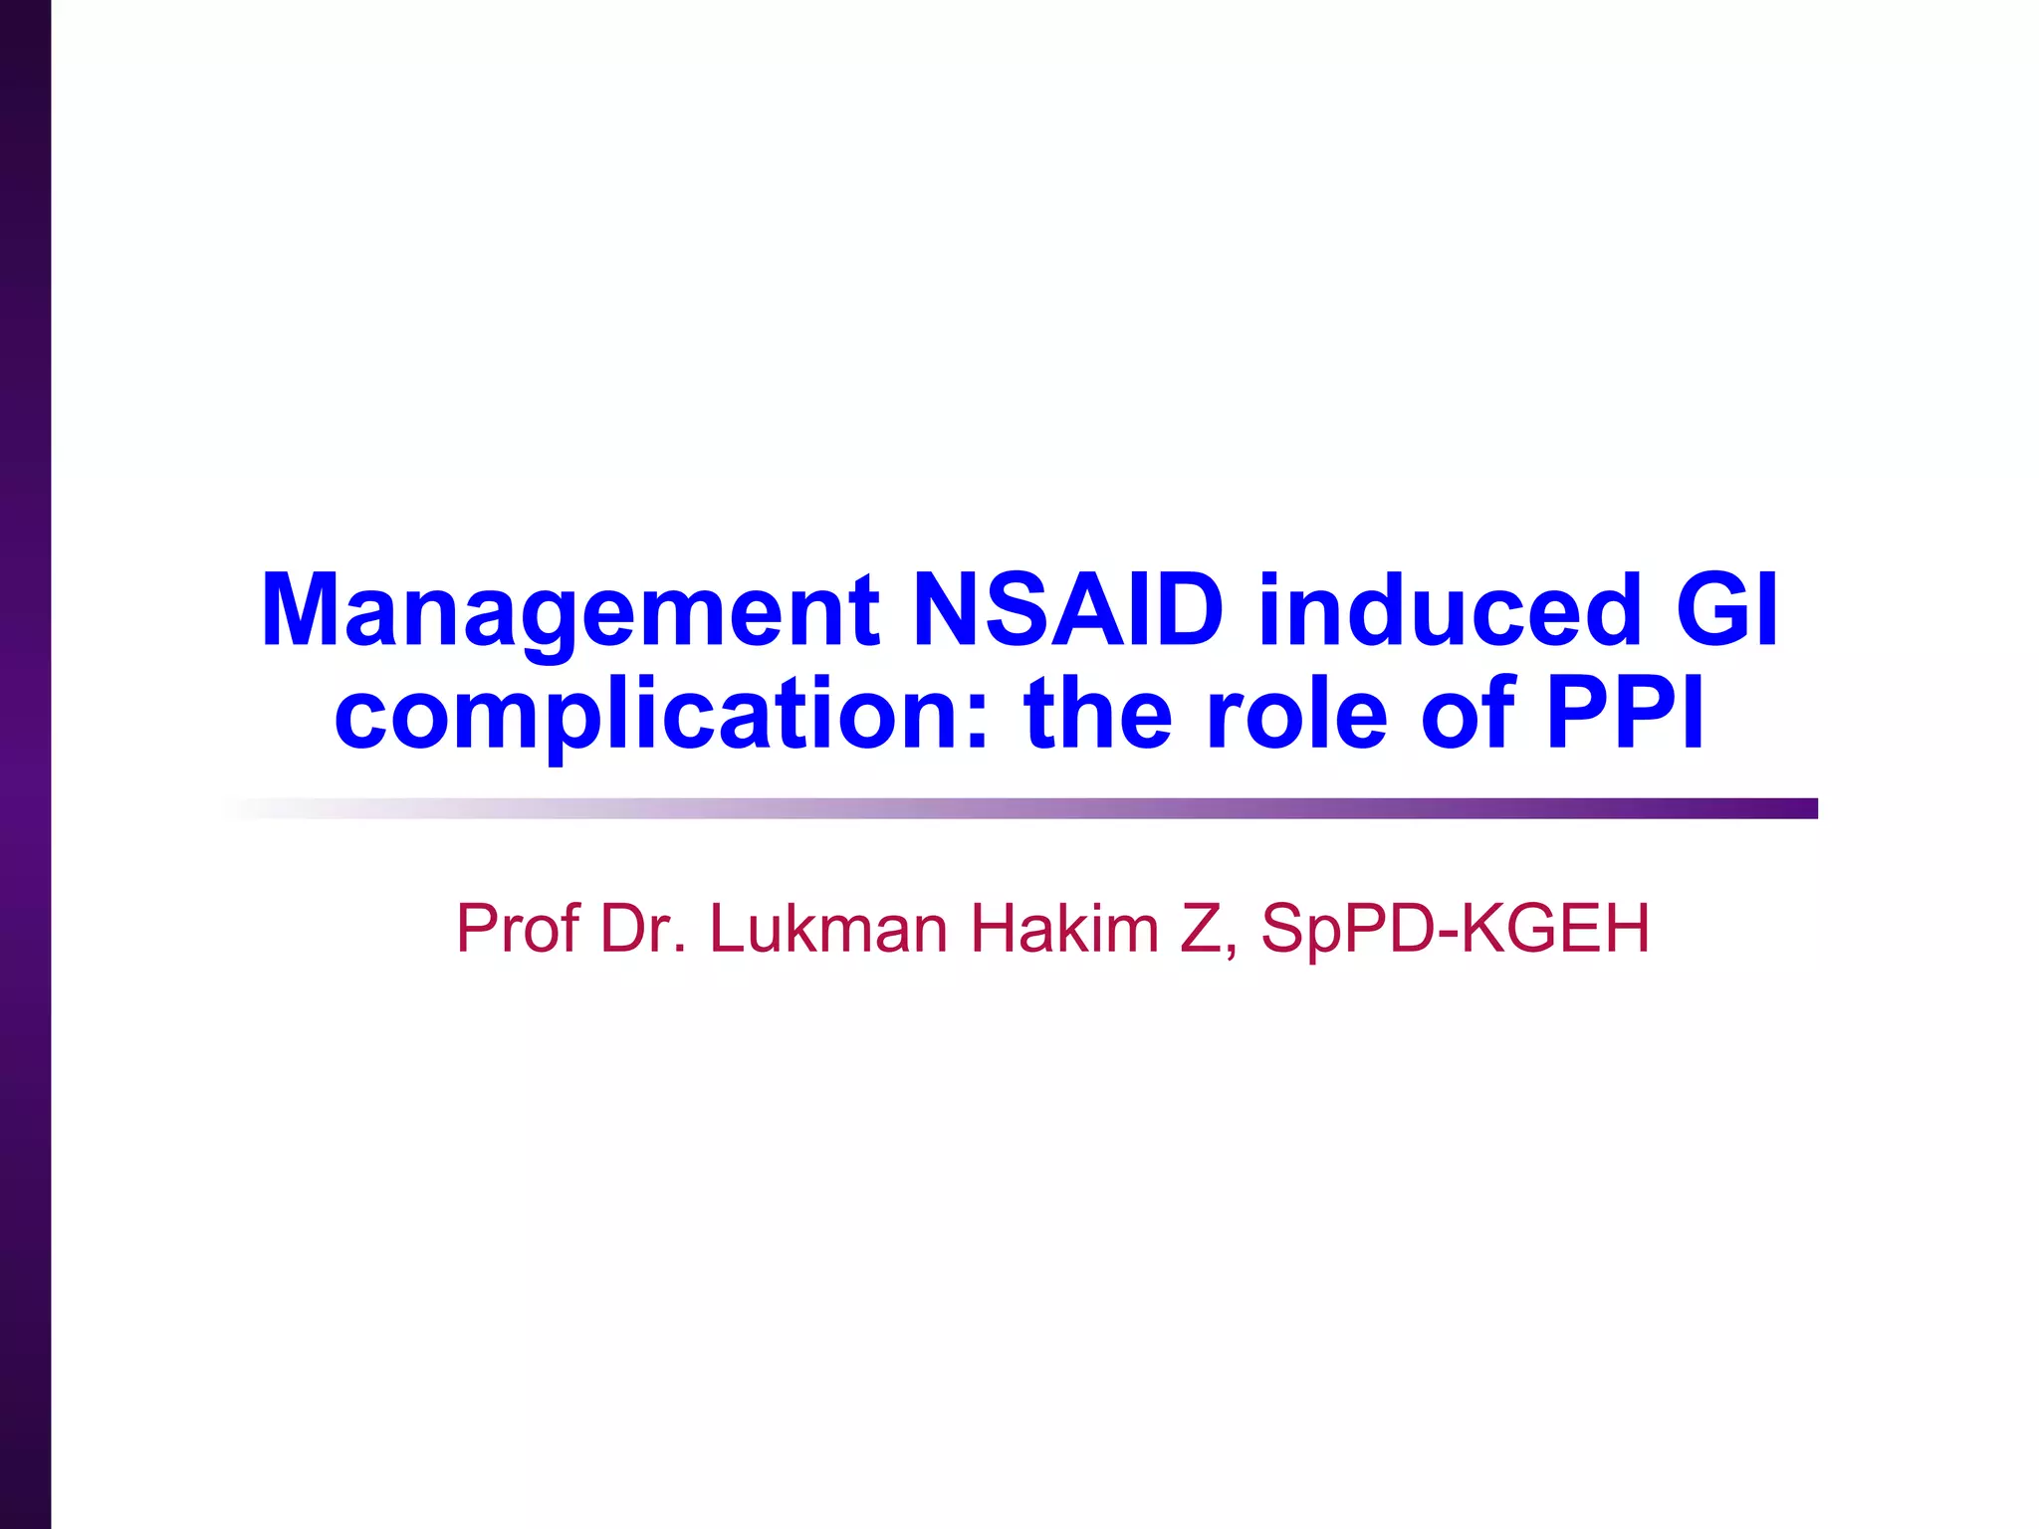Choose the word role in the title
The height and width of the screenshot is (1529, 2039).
point(1296,715)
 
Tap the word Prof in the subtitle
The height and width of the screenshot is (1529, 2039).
point(517,928)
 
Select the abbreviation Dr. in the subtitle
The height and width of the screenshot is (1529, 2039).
point(643,928)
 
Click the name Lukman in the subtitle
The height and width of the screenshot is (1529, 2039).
point(828,928)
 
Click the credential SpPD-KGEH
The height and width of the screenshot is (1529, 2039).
point(1455,928)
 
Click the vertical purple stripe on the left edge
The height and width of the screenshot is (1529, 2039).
point(25,764)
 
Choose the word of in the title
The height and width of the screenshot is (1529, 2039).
point(1468,715)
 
